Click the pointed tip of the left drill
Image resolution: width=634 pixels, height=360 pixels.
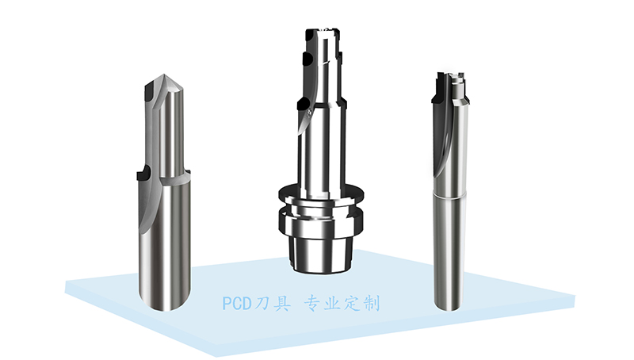tap(164, 75)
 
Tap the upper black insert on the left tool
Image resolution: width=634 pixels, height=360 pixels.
tap(149, 92)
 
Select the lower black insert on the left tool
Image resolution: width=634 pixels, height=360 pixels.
tap(144, 174)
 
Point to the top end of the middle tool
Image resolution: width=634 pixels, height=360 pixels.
tap(323, 30)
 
